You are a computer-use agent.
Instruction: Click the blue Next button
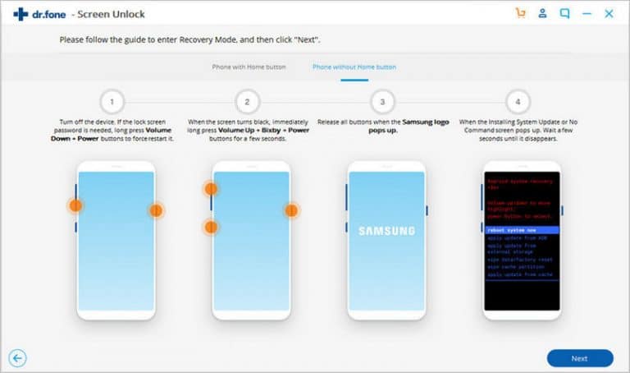[580, 358]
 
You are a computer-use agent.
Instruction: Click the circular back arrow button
[18, 357]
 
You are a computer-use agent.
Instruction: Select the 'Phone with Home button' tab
[249, 67]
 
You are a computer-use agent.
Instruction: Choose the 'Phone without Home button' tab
[354, 67]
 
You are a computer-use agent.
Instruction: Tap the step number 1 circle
[112, 102]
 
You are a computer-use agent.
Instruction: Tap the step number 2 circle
[247, 102]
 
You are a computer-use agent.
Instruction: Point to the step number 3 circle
[382, 102]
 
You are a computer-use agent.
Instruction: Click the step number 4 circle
[517, 102]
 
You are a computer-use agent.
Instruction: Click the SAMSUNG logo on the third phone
[386, 231]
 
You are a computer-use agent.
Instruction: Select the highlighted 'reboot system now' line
[522, 231]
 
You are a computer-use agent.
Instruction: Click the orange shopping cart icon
[520, 14]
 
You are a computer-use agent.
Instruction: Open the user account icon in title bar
[542, 14]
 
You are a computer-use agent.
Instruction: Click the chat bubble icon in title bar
[564, 14]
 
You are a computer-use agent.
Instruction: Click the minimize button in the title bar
[587, 14]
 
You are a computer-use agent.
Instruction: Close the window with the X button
[609, 14]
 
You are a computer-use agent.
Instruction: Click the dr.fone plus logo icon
[21, 14]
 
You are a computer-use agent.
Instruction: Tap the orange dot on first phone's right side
[156, 210]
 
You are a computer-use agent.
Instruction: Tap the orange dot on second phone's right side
[291, 210]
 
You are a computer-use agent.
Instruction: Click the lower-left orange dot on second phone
[211, 227]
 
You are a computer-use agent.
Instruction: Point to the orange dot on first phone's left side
[75, 205]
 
